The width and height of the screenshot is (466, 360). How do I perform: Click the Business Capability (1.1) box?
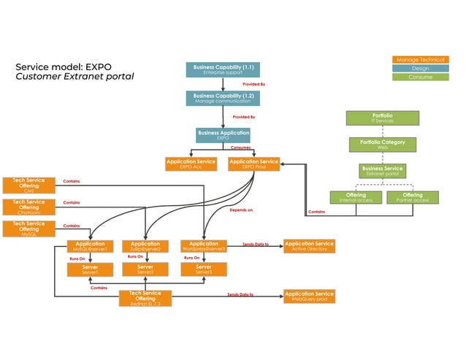click(223, 70)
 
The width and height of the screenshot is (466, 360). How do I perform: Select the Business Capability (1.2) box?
click(223, 98)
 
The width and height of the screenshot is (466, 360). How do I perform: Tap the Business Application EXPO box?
click(223, 134)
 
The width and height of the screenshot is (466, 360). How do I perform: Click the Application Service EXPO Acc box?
click(191, 164)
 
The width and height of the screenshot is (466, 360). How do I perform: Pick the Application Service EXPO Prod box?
click(253, 164)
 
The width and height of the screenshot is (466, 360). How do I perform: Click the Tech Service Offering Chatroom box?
click(28, 207)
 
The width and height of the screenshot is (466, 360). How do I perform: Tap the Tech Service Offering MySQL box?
click(28, 229)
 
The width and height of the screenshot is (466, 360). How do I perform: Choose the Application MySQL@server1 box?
click(90, 247)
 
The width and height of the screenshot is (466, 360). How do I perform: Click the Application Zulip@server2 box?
click(145, 247)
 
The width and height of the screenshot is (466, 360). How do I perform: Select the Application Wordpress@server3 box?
click(203, 247)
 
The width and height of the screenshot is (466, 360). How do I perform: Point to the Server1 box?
click(90, 270)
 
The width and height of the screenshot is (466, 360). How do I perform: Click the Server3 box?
click(203, 270)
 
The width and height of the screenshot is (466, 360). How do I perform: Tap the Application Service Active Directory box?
click(309, 247)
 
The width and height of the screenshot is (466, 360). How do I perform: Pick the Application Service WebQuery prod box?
click(309, 296)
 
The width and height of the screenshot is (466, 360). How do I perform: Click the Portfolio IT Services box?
click(383, 118)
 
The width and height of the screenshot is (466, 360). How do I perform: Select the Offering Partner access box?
click(413, 197)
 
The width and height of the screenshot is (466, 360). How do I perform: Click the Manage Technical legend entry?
click(419, 59)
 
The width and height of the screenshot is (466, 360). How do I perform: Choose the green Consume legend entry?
click(419, 77)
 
